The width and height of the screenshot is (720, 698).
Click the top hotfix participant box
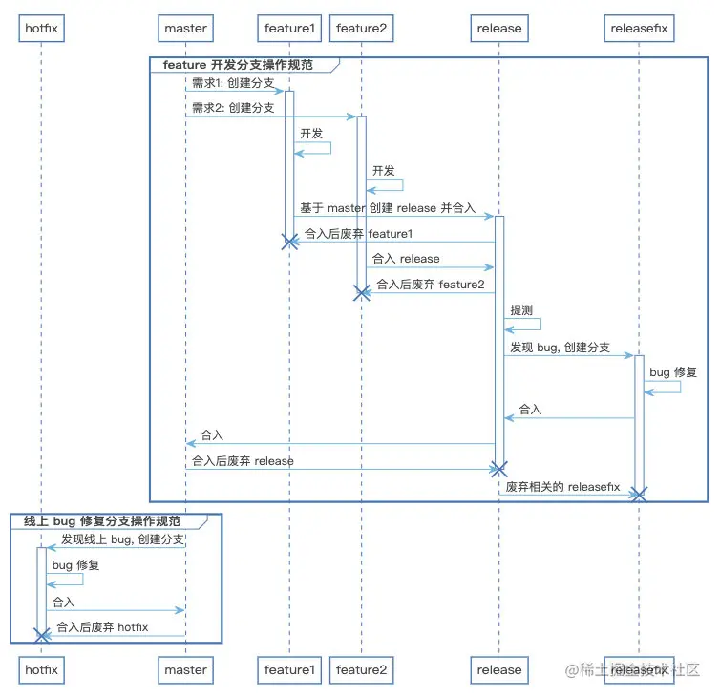click(41, 29)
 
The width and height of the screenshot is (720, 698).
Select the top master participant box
click(185, 29)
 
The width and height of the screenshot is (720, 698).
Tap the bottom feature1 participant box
click(289, 670)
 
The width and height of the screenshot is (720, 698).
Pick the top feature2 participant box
click(361, 29)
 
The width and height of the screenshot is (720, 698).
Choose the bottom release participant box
click(499, 670)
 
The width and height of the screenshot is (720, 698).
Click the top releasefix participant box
click(639, 29)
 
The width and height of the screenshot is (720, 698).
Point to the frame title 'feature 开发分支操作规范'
click(238, 65)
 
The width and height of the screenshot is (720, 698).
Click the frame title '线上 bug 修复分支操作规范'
click(102, 521)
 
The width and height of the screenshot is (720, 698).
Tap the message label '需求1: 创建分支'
click(233, 83)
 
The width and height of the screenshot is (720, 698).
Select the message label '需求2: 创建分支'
click(233, 108)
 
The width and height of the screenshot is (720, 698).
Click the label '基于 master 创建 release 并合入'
click(388, 208)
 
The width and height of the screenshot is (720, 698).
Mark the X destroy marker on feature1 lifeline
click(289, 242)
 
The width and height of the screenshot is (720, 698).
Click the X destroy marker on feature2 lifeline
click(362, 292)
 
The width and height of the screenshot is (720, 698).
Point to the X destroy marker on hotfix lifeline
click(42, 636)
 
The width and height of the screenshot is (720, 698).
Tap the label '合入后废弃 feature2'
click(431, 285)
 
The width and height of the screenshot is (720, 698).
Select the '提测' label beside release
click(521, 310)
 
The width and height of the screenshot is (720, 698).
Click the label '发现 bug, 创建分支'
click(560, 348)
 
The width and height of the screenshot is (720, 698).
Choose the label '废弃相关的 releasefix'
click(562, 487)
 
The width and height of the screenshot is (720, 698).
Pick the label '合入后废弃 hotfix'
click(102, 627)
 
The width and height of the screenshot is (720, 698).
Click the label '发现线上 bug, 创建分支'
click(122, 539)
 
